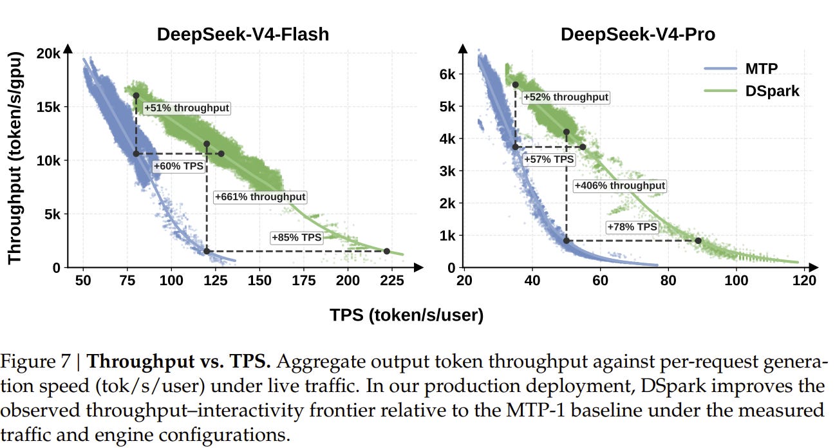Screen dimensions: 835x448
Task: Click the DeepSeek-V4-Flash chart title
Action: tap(243, 34)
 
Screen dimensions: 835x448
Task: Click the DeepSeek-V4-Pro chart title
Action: tap(638, 34)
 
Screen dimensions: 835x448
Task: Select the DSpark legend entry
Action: tap(752, 91)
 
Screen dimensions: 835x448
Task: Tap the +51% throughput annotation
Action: tap(187, 108)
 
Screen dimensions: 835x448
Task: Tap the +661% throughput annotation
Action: tap(260, 197)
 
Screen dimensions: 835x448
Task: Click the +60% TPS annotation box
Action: tap(178, 166)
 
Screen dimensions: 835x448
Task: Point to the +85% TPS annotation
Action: tap(296, 238)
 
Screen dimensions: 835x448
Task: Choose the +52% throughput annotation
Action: tap(566, 97)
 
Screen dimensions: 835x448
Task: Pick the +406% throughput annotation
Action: tap(619, 185)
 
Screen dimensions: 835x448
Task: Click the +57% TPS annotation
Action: tap(549, 160)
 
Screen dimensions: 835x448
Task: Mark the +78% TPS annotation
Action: tap(632, 227)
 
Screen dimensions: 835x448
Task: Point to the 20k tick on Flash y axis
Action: tap(48, 53)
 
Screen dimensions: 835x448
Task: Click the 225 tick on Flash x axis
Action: tap(392, 280)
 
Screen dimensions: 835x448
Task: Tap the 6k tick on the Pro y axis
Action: tap(447, 74)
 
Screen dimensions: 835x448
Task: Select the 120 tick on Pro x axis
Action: tap(804, 280)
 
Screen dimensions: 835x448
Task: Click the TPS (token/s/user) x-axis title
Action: tap(407, 315)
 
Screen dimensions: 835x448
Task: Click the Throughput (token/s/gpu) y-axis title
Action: tap(15, 158)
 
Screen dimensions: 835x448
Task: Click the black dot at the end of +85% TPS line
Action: tap(386, 251)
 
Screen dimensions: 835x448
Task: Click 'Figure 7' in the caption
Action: tap(35, 362)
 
